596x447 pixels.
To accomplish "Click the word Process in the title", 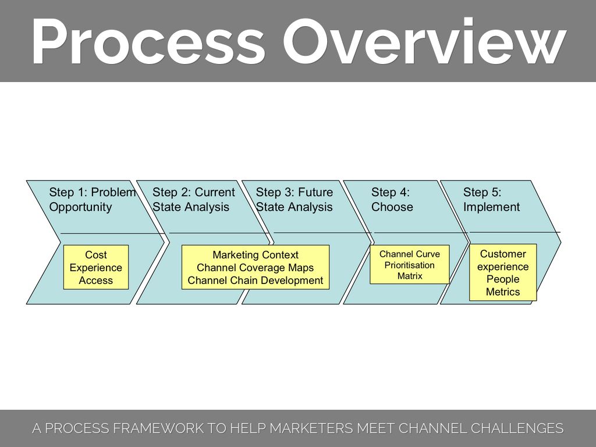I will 148,42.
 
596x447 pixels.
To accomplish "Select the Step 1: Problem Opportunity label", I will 92,200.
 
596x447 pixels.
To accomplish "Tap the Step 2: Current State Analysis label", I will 193,200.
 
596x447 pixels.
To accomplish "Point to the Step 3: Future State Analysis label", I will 295,200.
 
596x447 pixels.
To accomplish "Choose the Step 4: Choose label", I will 392,200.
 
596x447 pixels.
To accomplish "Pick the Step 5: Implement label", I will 491,200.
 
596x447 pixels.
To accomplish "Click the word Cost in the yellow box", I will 96,255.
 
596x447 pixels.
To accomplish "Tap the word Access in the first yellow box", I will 96,281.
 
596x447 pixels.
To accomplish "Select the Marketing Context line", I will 256,255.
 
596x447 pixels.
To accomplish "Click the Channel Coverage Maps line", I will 256,268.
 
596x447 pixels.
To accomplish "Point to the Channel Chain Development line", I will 256,281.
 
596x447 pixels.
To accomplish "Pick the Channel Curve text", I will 410,254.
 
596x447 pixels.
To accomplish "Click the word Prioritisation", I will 410,265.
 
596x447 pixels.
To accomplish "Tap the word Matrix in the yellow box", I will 410,276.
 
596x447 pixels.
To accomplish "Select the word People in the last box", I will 503,279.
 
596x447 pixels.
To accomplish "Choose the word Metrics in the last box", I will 503,292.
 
